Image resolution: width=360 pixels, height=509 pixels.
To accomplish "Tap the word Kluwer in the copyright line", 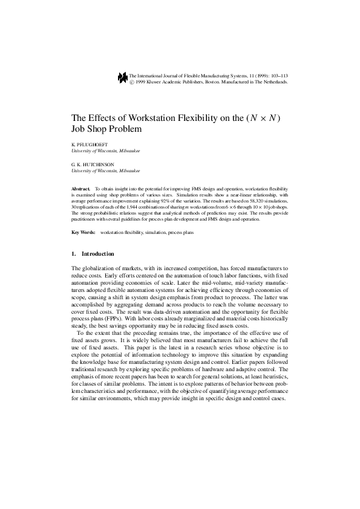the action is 157,80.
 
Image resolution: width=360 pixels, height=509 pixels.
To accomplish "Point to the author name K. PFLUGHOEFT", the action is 90,145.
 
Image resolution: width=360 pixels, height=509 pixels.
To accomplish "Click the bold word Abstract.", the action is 80,190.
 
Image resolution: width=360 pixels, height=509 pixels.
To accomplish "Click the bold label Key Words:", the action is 83,232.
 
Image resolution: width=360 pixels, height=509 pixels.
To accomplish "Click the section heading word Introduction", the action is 97,253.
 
